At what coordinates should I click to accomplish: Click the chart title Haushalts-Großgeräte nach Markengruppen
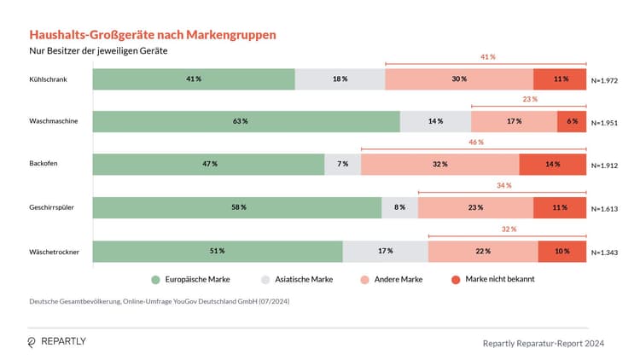153,34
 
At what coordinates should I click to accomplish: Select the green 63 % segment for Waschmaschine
246,121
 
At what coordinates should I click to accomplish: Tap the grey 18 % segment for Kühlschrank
340,78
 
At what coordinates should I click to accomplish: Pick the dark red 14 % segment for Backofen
552,164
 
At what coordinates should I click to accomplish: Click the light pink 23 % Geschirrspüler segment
475,207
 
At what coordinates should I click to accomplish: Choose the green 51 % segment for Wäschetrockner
218,251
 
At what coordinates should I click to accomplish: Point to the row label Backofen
44,164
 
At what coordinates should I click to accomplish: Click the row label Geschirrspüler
51,207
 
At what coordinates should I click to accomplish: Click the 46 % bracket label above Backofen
475,142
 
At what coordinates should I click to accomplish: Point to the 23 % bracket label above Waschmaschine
529,99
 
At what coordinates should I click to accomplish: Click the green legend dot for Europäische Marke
155,279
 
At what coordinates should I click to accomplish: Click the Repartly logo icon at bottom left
32,342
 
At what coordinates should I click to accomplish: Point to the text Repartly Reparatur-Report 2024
544,343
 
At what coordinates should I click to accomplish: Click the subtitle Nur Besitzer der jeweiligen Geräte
97,51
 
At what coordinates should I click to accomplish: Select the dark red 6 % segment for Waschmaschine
571,121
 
